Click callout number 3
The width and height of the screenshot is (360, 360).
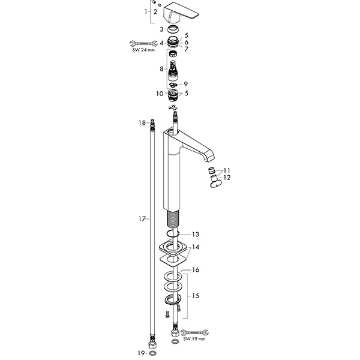161,29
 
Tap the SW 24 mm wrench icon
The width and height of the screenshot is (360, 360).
143,44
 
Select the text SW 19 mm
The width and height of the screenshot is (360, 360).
194,338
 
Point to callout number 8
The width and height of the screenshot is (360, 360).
161,69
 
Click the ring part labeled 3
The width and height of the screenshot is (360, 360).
173,29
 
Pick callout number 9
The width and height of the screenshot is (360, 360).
186,84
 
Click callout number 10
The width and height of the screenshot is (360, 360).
160,94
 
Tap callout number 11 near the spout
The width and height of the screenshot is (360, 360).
227,170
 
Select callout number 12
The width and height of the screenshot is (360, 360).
227,178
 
